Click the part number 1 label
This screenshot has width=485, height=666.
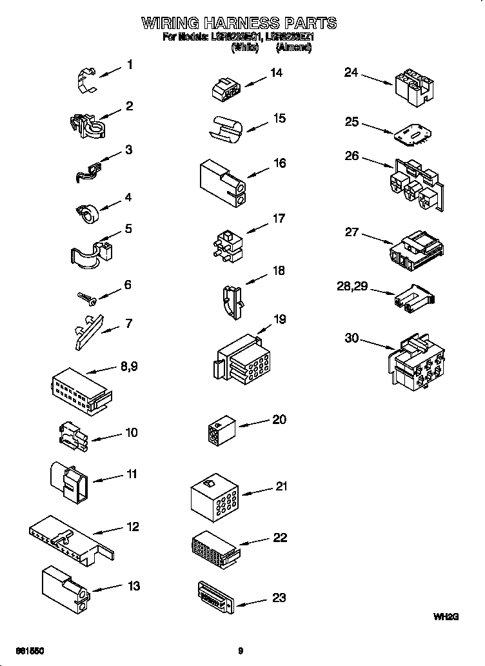click(130, 65)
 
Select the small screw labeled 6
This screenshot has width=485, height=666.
click(85, 296)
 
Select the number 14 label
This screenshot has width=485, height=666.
click(276, 73)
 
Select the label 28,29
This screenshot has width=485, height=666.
click(352, 286)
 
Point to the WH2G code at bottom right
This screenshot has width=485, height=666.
click(445, 617)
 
